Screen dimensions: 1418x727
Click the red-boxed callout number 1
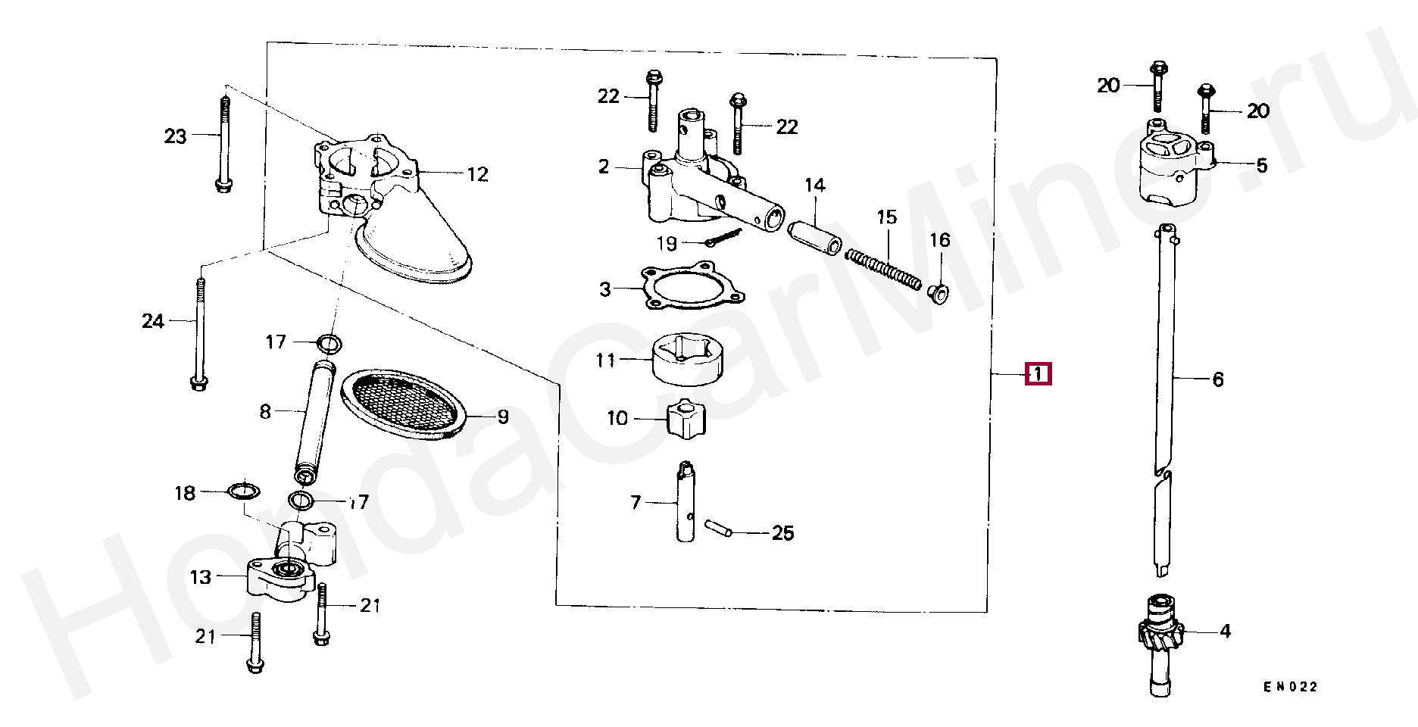(x=1038, y=373)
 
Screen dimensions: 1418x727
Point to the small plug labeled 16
(x=938, y=293)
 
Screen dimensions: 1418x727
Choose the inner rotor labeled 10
(x=686, y=418)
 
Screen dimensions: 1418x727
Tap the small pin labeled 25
(x=718, y=528)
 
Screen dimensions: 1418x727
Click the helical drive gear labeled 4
(x=1159, y=635)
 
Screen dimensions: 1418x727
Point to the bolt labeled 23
(x=223, y=144)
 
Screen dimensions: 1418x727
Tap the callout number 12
(x=477, y=174)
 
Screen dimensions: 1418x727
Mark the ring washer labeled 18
(x=243, y=491)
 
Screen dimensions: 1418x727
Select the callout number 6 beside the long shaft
(x=1218, y=379)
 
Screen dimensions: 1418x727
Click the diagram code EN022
(x=1291, y=687)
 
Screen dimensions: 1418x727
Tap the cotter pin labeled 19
(x=723, y=238)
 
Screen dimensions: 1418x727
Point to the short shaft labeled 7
(x=686, y=501)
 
